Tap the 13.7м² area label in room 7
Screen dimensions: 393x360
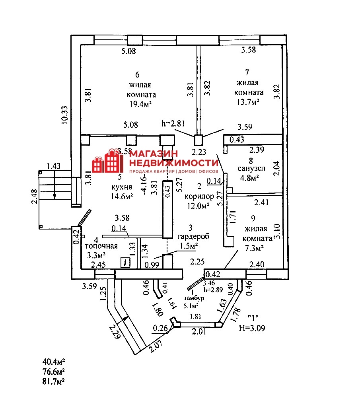pyautogui.click(x=248, y=101)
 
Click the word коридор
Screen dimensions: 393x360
pyautogui.click(x=200, y=196)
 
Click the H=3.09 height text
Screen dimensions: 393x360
pyautogui.click(x=252, y=328)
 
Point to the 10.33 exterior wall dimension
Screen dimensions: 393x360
pyautogui.click(x=65, y=115)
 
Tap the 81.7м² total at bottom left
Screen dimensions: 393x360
pyautogui.click(x=54, y=381)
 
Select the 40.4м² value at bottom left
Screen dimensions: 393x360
pyautogui.click(x=54, y=362)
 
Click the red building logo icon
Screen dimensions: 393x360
pyautogui.click(x=107, y=162)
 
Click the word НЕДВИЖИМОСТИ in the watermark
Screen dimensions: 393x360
pyautogui.click(x=174, y=163)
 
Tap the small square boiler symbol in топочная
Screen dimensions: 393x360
pyautogui.click(x=125, y=262)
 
